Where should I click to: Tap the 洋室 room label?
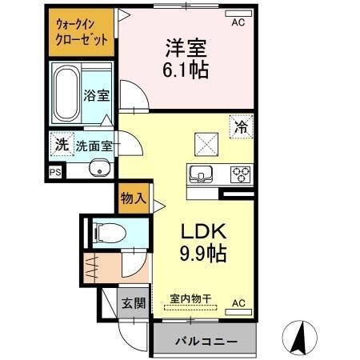187,47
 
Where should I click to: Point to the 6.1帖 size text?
189,70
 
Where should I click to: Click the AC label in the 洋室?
238,23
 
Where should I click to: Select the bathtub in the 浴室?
68,94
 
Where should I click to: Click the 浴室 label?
98,95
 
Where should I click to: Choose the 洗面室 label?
94,146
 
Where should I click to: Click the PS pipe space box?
55,171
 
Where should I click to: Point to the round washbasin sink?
99,169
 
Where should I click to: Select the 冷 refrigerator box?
240,125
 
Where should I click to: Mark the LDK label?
203,231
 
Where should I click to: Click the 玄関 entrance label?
134,303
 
